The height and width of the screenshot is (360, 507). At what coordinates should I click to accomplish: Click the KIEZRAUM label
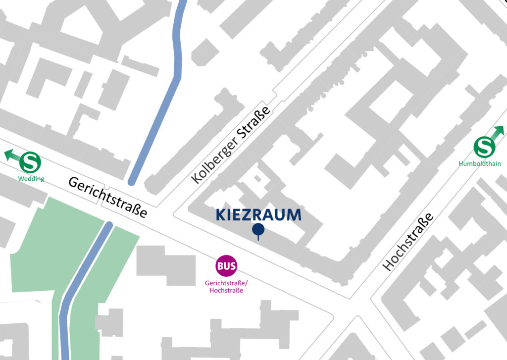click(x=258, y=215)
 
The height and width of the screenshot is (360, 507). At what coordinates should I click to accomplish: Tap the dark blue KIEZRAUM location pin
click(x=258, y=230)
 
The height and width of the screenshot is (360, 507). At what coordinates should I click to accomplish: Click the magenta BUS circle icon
click(x=226, y=266)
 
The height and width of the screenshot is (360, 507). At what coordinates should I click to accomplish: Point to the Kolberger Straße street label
click(x=231, y=145)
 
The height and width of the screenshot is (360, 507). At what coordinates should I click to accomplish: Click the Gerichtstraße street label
click(x=107, y=197)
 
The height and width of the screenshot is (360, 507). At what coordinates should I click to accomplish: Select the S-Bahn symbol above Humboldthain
click(x=484, y=148)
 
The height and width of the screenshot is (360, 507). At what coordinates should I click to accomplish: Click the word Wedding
click(x=31, y=179)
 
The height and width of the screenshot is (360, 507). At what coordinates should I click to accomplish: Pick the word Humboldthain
click(x=479, y=164)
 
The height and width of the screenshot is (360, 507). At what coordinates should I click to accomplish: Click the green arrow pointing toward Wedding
click(x=12, y=155)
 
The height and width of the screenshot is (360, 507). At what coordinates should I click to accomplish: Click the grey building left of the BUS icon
click(x=166, y=265)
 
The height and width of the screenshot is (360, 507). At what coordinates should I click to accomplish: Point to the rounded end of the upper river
click(x=132, y=181)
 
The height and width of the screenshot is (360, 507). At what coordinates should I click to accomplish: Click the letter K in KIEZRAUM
click(x=221, y=215)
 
